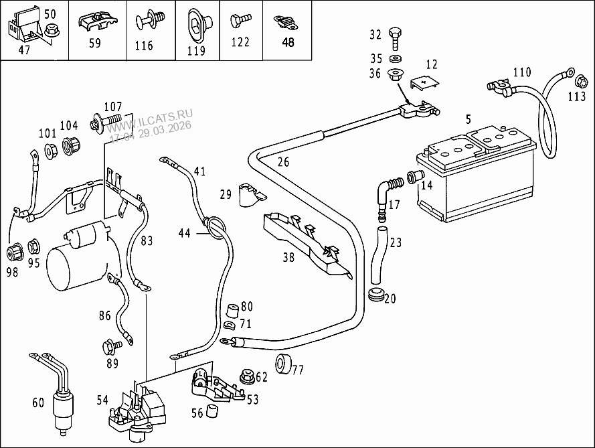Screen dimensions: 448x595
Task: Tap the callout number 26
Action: point(283,161)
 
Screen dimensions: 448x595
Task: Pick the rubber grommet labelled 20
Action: point(376,295)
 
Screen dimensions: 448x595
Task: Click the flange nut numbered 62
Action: point(246,376)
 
